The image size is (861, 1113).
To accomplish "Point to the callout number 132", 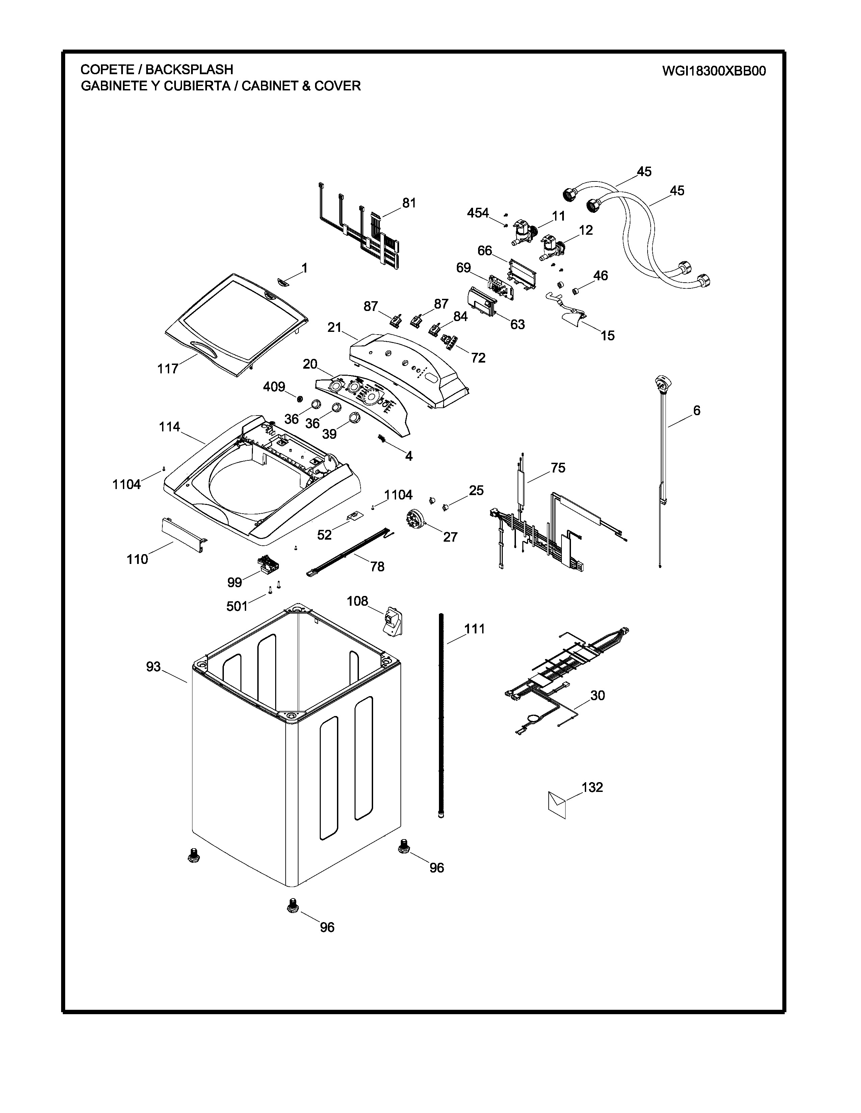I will pyautogui.click(x=592, y=787).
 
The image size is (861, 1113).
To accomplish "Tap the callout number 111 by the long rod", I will pyautogui.click(x=474, y=629).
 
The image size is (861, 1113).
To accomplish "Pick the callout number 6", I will pyautogui.click(x=696, y=410).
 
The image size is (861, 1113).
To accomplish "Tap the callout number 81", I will pyautogui.click(x=409, y=203).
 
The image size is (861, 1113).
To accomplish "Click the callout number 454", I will pyautogui.click(x=478, y=213).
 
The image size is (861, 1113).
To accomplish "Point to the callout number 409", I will pyautogui.click(x=274, y=387).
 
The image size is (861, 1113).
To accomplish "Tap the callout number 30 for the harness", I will pyautogui.click(x=597, y=695).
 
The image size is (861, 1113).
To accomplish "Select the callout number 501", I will pyautogui.click(x=237, y=606).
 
